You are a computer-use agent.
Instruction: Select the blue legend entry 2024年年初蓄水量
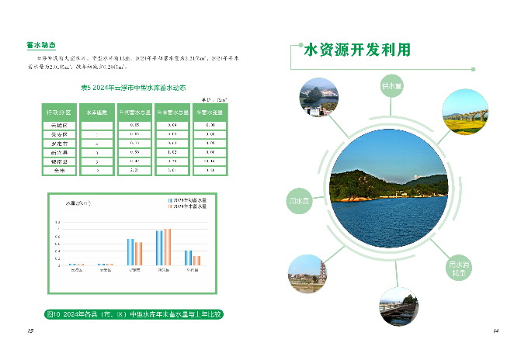[x=189, y=200]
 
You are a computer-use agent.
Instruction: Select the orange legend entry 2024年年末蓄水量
[x=189, y=206]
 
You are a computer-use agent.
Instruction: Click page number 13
[x=30, y=331]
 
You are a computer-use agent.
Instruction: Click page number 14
[x=495, y=331]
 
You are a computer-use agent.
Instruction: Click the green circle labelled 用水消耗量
[x=459, y=268]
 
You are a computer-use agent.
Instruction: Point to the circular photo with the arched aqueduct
[x=464, y=114]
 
